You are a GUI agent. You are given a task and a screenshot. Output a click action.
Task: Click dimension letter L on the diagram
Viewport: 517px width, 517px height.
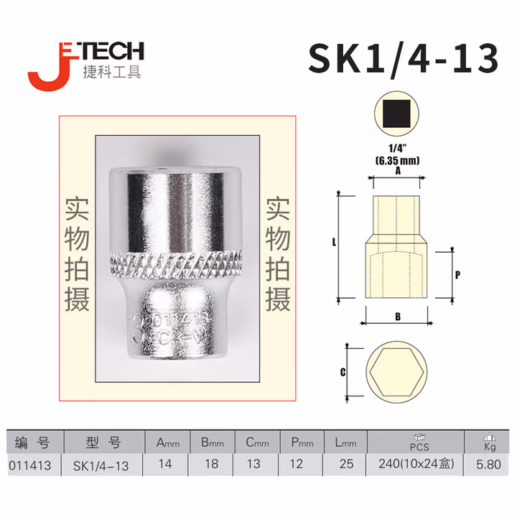click(x=335, y=243)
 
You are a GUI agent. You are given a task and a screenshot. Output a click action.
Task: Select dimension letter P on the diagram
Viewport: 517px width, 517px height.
click(x=457, y=274)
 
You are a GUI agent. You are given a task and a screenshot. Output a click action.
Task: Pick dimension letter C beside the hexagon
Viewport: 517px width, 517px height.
click(x=343, y=372)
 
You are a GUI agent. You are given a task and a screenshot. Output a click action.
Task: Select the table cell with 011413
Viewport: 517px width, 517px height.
click(x=30, y=465)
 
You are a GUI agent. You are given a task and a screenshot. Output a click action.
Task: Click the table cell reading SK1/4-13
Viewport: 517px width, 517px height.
click(x=101, y=465)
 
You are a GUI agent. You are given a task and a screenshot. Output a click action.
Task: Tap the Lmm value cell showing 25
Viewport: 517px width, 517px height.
click(x=346, y=465)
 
